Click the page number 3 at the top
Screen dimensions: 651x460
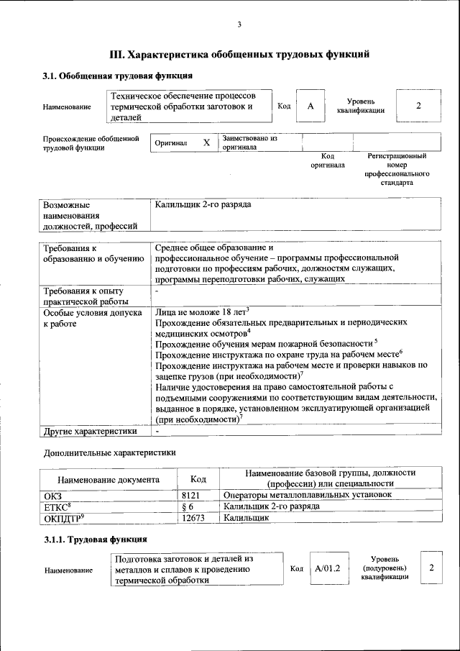239,25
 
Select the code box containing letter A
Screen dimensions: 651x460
310,106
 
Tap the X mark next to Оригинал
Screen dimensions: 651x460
206,142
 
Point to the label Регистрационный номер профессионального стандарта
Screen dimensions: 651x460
397,169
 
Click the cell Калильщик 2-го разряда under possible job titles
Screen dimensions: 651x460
203,205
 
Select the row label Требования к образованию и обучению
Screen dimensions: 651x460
93,253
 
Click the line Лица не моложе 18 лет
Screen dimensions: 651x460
201,312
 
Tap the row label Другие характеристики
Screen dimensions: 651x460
90,432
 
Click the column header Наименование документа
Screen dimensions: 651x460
108,479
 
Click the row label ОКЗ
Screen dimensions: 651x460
53,496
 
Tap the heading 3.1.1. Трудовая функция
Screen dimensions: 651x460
96,539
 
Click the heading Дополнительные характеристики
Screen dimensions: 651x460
109,453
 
